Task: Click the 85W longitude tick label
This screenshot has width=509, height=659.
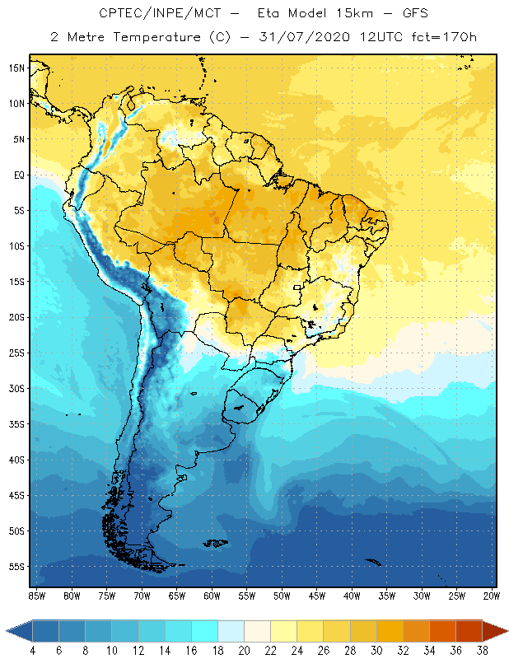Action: click(36, 595)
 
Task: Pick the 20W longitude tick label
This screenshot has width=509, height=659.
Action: click(491, 595)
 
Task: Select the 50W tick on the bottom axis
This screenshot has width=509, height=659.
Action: click(282, 595)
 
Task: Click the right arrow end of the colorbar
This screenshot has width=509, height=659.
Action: click(496, 631)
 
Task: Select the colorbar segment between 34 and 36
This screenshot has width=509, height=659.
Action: click(442, 631)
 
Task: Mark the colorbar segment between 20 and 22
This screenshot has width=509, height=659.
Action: click(257, 631)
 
